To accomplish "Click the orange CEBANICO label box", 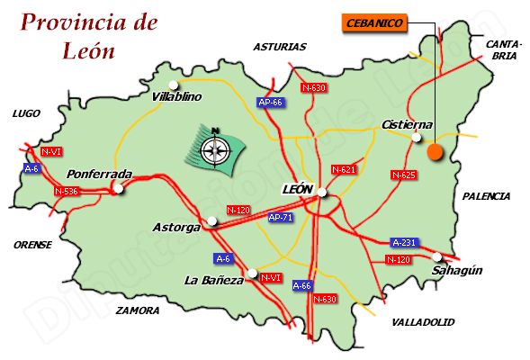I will pyautogui.click(x=375, y=23).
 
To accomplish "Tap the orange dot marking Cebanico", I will pyautogui.click(x=436, y=152).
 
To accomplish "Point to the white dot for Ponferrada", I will pyautogui.click(x=118, y=188).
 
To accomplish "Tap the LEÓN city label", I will pyautogui.click(x=297, y=190).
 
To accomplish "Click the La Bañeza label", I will pyautogui.click(x=213, y=280).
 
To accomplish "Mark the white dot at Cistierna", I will pyautogui.click(x=416, y=138).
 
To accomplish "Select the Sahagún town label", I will pyautogui.click(x=457, y=270).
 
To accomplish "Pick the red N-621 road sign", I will pyautogui.click(x=345, y=169).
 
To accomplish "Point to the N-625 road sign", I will pyautogui.click(x=403, y=174).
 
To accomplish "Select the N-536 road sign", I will pyautogui.click(x=67, y=191).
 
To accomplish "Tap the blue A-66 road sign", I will pyautogui.click(x=302, y=285).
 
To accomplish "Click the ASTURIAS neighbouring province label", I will pyautogui.click(x=280, y=47).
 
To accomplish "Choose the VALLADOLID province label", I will pyautogui.click(x=423, y=321).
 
